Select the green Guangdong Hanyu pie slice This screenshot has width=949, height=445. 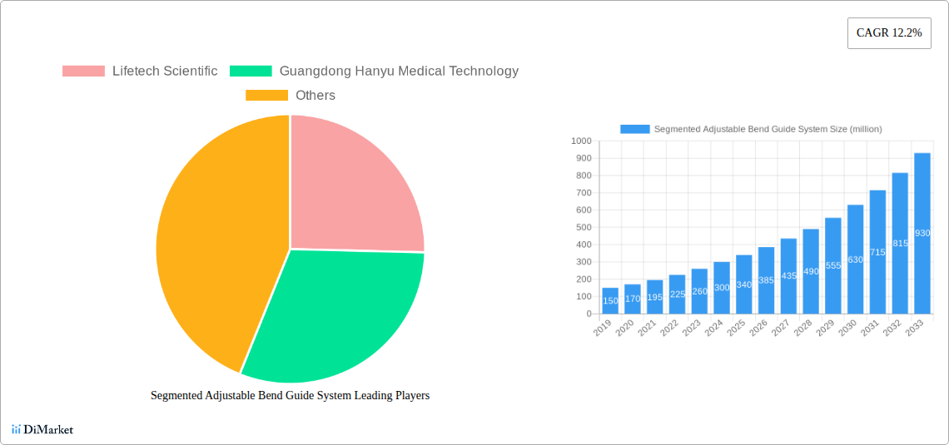click(x=333, y=316)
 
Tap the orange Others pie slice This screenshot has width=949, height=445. click(x=216, y=241)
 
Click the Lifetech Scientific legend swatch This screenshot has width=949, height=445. click(x=83, y=72)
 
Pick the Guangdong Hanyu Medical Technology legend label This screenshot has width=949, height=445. click(x=399, y=72)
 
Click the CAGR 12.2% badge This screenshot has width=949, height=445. click(x=889, y=33)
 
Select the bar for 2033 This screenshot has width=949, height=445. click(x=922, y=233)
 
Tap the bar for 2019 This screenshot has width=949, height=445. click(x=610, y=301)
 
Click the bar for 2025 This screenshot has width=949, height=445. click(x=743, y=284)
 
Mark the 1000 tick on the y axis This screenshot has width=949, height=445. click(x=579, y=141)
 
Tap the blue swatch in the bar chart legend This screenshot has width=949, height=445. click(x=634, y=129)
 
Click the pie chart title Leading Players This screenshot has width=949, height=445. click(x=290, y=396)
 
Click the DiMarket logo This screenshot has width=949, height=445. click(x=42, y=429)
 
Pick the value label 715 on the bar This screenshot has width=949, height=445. click(x=877, y=252)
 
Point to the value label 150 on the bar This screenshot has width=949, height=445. click(x=610, y=300)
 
